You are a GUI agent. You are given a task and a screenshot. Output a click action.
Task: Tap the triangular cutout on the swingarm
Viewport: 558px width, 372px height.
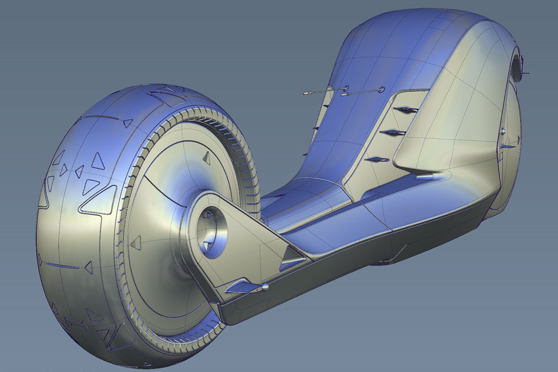click(292, 258)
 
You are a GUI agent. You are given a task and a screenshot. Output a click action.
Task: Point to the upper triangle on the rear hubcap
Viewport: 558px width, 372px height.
click(205, 158)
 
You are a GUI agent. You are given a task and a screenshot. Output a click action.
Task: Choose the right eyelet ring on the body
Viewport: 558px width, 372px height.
click(381, 89)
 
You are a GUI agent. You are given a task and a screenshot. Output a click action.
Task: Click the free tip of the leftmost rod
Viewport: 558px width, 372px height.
click(305, 94)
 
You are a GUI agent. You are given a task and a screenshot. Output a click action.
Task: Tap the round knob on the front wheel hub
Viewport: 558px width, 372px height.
click(502, 131)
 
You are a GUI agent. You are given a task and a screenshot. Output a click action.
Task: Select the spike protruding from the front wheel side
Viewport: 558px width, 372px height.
click(509, 147)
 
